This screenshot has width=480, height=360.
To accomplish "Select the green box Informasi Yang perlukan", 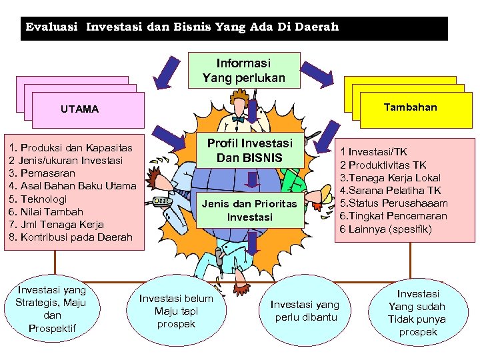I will [x=244, y=70].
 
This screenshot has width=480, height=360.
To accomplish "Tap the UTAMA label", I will [x=79, y=109].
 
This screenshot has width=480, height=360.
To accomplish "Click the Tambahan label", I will [x=411, y=107].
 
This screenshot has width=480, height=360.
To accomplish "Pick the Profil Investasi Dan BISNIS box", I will [x=249, y=151].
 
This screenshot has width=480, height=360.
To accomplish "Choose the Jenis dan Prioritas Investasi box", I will [x=249, y=210].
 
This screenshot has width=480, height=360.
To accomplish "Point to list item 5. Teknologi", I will [x=38, y=199].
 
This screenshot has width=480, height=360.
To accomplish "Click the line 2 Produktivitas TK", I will [x=383, y=165].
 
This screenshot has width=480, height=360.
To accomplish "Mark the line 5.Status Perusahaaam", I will [x=393, y=203].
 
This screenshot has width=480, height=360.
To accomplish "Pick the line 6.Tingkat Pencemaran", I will [x=393, y=215].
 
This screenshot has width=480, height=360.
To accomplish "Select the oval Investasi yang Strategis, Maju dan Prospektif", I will [x=51, y=309].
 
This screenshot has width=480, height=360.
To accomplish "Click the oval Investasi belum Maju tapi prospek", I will [x=176, y=310].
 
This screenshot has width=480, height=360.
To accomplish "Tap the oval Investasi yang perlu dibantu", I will [x=305, y=311].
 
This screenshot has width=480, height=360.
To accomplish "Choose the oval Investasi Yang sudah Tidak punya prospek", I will [x=418, y=312].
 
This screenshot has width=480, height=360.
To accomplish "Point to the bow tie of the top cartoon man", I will [x=238, y=120].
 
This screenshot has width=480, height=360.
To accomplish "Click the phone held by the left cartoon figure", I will [x=160, y=201].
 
